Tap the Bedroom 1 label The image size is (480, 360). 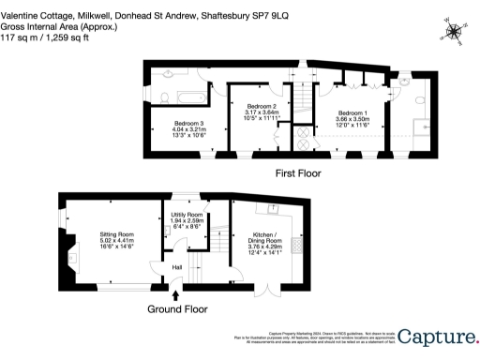point(353,112)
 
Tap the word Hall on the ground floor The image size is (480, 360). point(176,267)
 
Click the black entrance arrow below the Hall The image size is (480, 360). point(176,295)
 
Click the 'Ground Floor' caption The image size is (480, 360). point(178,308)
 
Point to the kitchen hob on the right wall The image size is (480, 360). point(297,245)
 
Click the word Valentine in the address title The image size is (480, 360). point(20,7)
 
